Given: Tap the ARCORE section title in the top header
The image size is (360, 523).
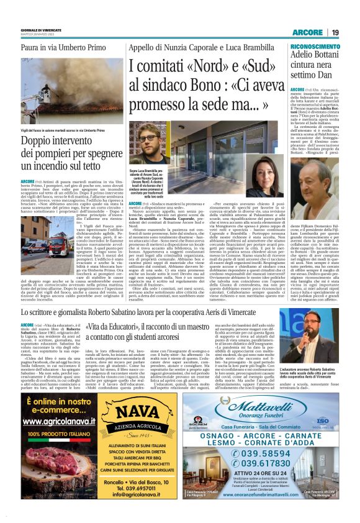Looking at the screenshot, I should [308, 32].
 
